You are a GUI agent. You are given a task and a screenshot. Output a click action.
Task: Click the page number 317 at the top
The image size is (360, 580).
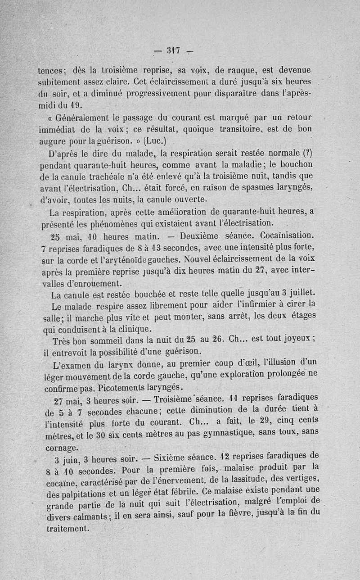[173, 50]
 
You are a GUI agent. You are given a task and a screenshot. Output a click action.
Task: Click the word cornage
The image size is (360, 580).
[62, 448]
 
